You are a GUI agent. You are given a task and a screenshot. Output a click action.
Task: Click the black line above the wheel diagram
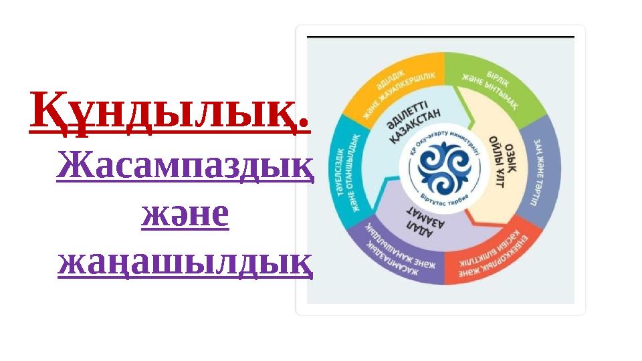pos(440,36)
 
